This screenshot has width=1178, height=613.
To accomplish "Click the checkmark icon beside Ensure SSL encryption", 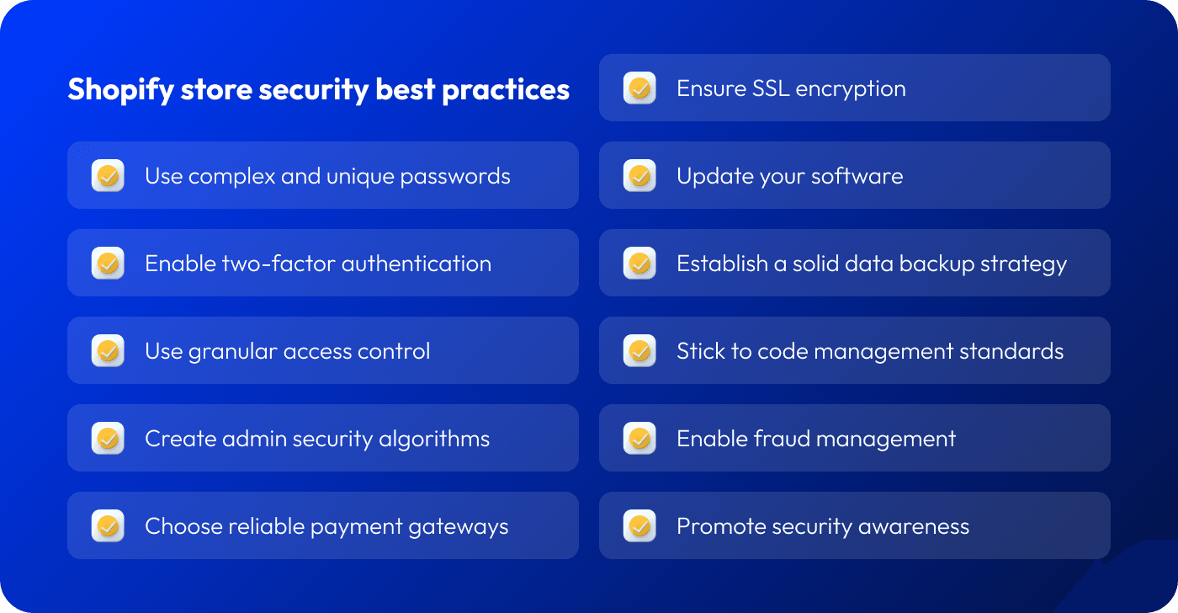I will pyautogui.click(x=639, y=88).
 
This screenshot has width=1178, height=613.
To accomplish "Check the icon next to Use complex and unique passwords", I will pyautogui.click(x=108, y=175).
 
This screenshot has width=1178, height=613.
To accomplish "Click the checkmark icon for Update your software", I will pyautogui.click(x=639, y=175).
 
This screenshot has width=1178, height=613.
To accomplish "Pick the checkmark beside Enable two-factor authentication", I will pyautogui.click(x=108, y=263).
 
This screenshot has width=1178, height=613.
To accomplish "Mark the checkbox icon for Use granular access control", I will pyautogui.click(x=108, y=350).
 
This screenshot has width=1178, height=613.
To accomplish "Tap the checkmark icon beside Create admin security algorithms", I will pyautogui.click(x=108, y=438).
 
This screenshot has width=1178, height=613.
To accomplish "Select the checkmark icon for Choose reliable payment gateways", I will pyautogui.click(x=108, y=525).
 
